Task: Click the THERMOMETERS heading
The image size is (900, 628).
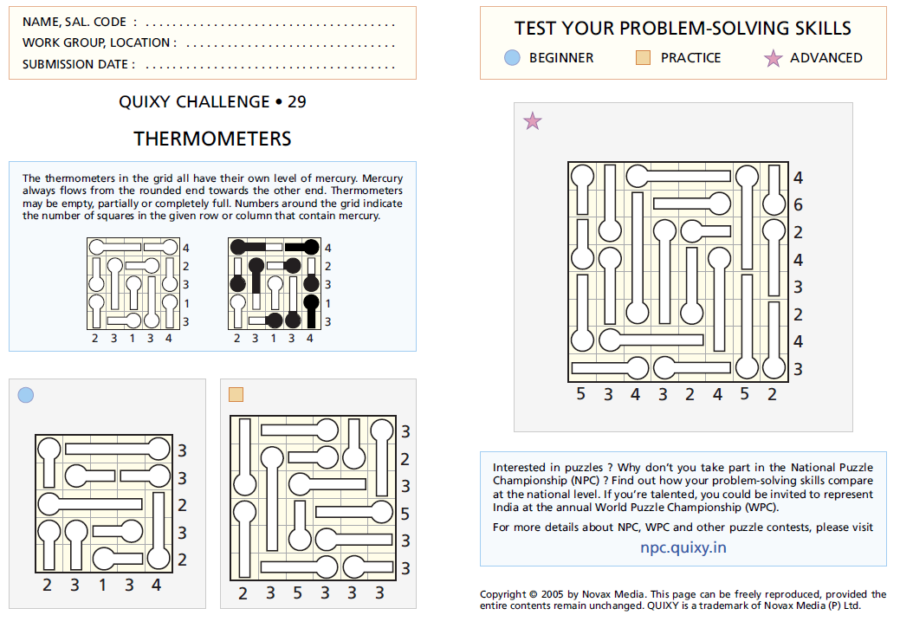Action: click(x=212, y=139)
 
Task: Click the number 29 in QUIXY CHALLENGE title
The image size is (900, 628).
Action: click(x=296, y=102)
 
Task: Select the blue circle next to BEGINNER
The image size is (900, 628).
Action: click(x=512, y=57)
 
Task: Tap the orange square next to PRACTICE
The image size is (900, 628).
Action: click(x=643, y=57)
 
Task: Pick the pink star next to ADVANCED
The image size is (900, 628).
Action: click(x=773, y=58)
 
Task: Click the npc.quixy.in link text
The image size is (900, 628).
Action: click(x=683, y=547)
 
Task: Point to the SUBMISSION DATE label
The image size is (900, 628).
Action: click(x=78, y=64)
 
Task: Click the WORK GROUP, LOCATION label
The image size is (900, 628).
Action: click(x=99, y=42)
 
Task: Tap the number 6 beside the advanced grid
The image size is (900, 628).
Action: click(x=798, y=205)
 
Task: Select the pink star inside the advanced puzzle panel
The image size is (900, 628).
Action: click(x=533, y=121)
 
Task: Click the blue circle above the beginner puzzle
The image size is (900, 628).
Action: click(x=26, y=395)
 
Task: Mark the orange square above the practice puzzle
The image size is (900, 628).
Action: click(x=236, y=395)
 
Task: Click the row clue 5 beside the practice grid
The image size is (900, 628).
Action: click(x=405, y=515)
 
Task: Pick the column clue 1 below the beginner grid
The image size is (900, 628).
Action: click(x=102, y=586)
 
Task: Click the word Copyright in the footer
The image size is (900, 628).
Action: click(x=503, y=594)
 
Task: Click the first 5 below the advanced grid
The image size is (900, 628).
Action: click(x=580, y=395)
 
